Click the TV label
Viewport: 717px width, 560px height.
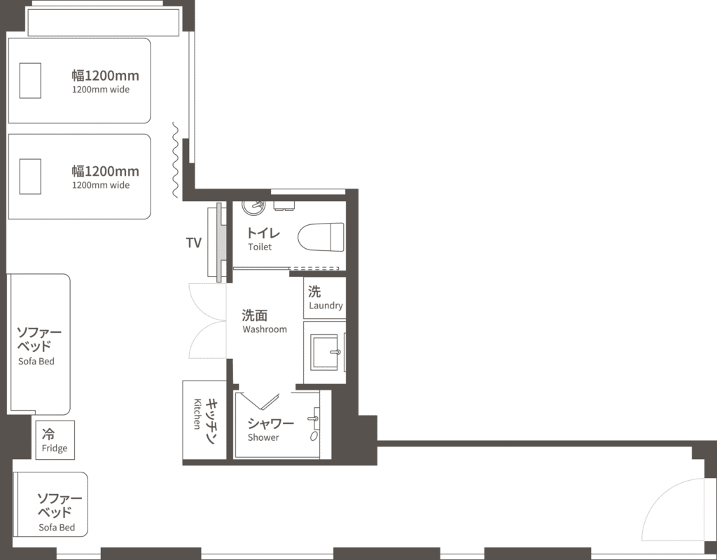coord(193,243)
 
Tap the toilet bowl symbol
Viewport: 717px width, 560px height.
coord(321,237)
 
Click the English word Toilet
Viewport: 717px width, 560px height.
coord(260,247)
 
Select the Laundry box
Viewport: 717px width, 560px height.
coord(325,298)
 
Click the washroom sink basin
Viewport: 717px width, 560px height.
coord(324,352)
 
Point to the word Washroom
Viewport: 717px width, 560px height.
coord(265,329)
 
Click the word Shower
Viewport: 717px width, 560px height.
coord(263,437)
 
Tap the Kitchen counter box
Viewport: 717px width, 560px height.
coord(204,420)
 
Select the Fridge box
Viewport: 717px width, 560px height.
coord(55,439)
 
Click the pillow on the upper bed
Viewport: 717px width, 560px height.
coord(30,81)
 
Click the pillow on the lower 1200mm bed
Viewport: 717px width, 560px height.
coord(30,177)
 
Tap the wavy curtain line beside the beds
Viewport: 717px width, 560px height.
coord(175,160)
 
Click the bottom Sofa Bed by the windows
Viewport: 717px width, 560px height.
coord(50,504)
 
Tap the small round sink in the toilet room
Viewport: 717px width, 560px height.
coord(253,207)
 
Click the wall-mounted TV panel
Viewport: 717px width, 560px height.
coord(221,242)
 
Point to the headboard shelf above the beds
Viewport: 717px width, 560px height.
coord(104,22)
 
